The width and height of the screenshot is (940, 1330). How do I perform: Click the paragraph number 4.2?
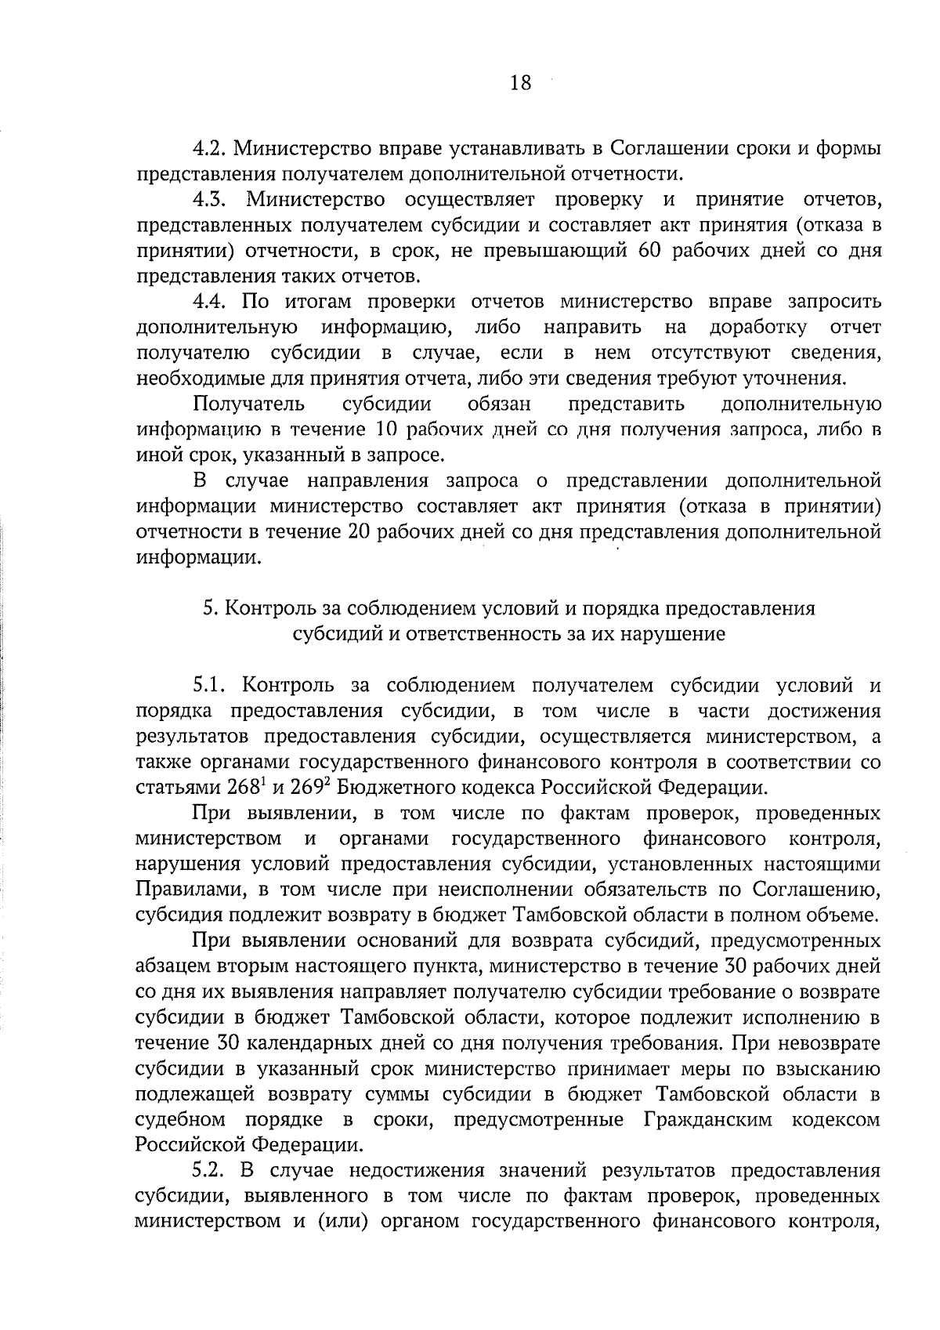210,148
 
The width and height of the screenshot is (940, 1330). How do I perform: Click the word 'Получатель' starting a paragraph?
248,405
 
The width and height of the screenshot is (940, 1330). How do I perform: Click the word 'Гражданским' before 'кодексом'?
710,1121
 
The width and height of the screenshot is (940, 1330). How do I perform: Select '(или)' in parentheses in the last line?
342,1223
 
